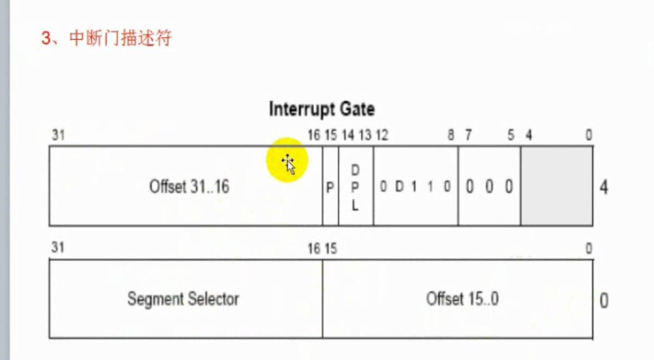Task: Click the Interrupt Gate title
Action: (x=321, y=109)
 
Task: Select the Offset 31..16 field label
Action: (x=189, y=187)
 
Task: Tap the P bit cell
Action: (x=330, y=188)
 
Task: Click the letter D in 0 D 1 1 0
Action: (x=399, y=187)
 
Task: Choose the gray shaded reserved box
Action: (x=556, y=186)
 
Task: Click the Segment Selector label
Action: (x=183, y=299)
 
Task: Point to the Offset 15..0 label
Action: (x=462, y=299)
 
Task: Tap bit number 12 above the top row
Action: (x=381, y=135)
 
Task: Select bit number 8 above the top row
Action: (x=451, y=135)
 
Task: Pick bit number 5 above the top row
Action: (x=511, y=135)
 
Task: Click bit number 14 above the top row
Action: (x=348, y=135)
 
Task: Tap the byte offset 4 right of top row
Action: (x=603, y=188)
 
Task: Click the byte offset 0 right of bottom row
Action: (x=603, y=301)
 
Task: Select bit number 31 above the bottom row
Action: (x=58, y=248)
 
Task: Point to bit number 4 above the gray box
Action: (x=529, y=135)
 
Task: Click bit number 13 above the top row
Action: (x=365, y=135)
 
